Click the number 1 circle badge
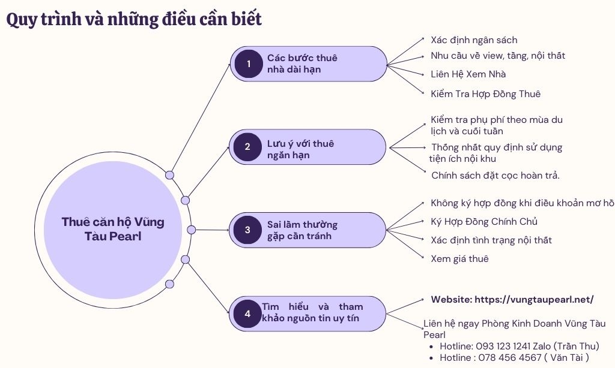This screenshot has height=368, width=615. tap(249, 64)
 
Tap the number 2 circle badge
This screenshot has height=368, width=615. tap(247, 147)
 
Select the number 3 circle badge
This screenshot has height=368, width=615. tap(247, 230)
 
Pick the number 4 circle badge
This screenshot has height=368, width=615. tap(247, 313)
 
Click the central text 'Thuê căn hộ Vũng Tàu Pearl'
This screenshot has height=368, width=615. tap(113, 229)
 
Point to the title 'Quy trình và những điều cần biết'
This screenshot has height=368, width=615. tap(134, 19)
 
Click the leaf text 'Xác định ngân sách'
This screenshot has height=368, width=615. tap(474, 40)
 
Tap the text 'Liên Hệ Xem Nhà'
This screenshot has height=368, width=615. tap(468, 74)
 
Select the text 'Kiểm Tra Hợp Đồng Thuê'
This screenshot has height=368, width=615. tap(485, 93)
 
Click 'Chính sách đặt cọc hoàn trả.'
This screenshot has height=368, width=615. tap(495, 176)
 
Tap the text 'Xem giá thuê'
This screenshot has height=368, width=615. tap(459, 259)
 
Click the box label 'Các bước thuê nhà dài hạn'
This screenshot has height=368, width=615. tap(302, 64)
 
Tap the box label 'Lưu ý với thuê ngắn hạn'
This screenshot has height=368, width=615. tap(300, 149)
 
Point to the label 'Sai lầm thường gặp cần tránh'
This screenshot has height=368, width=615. tap(302, 230)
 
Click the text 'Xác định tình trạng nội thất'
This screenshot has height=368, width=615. tap(491, 240)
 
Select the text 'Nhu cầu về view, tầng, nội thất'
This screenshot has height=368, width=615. tap(498, 56)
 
